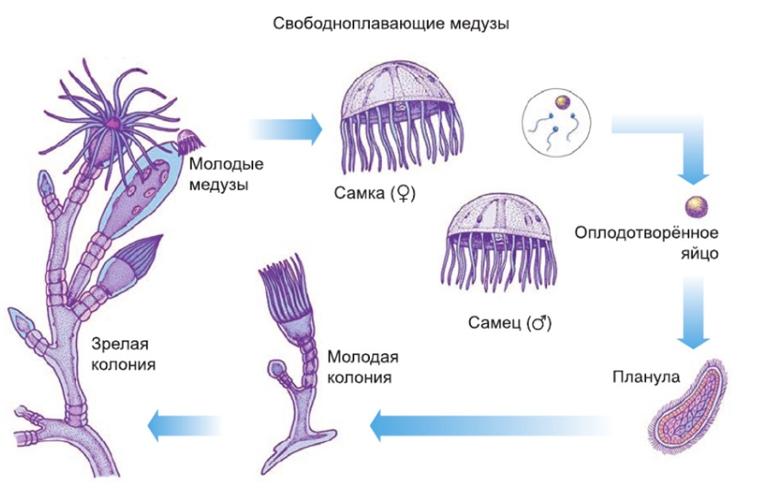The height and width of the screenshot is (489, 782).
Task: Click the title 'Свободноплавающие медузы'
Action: pyautogui.click(x=391, y=24)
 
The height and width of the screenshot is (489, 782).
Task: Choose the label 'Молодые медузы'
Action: pyautogui.click(x=226, y=175)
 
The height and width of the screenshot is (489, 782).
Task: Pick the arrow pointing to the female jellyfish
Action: pyautogui.click(x=286, y=127)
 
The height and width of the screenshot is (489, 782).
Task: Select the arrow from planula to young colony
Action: pyautogui.click(x=492, y=426)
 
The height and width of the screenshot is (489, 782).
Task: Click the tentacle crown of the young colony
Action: pyautogui.click(x=283, y=287)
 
